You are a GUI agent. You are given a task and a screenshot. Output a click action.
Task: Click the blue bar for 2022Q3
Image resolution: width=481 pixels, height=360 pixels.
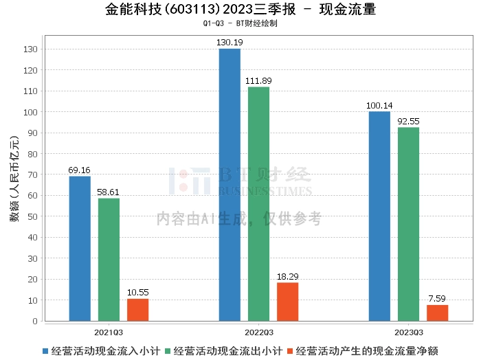coord(230,185)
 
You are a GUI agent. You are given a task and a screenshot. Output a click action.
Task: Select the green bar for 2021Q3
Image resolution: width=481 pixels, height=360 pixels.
coord(109,260)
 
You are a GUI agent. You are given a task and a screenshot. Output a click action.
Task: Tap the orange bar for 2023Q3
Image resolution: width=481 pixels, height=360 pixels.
coord(438,313)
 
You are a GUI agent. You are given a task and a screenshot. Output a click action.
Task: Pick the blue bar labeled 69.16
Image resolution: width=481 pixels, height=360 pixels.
coord(80,249)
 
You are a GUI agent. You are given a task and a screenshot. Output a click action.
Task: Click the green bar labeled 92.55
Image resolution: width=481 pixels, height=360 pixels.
coord(408,224)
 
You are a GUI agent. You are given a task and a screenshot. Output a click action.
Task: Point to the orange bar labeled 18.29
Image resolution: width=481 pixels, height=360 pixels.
coord(287,302)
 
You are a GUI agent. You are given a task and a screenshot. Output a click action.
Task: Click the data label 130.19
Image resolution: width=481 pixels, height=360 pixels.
coord(230,43)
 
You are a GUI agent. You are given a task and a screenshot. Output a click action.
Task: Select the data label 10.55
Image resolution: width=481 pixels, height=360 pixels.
coord(137,292)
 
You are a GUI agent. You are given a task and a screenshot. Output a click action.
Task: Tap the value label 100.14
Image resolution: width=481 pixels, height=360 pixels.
coord(379,106)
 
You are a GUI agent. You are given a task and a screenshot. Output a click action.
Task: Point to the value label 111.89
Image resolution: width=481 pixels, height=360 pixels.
coord(258,80)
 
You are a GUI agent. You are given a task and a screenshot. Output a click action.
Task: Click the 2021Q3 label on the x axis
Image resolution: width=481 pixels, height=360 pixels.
coord(109,333)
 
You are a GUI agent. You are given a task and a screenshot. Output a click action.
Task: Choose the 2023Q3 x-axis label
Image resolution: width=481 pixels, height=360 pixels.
coord(409,333)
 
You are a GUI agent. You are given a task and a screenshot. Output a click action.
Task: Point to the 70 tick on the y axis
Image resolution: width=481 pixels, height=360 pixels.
coord(32,175)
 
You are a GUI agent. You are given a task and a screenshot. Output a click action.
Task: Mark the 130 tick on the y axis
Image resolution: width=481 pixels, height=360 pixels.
coord(30,49)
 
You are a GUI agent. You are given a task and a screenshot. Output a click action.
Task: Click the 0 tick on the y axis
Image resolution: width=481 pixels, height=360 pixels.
coord(35,321)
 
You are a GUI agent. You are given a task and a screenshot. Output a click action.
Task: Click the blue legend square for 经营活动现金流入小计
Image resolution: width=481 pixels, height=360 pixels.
coord(45,351)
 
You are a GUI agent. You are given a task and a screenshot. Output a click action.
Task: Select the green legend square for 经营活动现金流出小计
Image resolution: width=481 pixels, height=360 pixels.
coord(168,351)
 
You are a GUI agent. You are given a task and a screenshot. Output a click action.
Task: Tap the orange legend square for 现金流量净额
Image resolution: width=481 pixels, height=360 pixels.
coord(289,351)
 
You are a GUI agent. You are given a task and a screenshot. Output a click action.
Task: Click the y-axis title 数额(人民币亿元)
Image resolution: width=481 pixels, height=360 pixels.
coord(14,179)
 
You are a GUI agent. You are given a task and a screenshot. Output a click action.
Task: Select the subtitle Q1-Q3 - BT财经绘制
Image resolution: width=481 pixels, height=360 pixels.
coord(240,23)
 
